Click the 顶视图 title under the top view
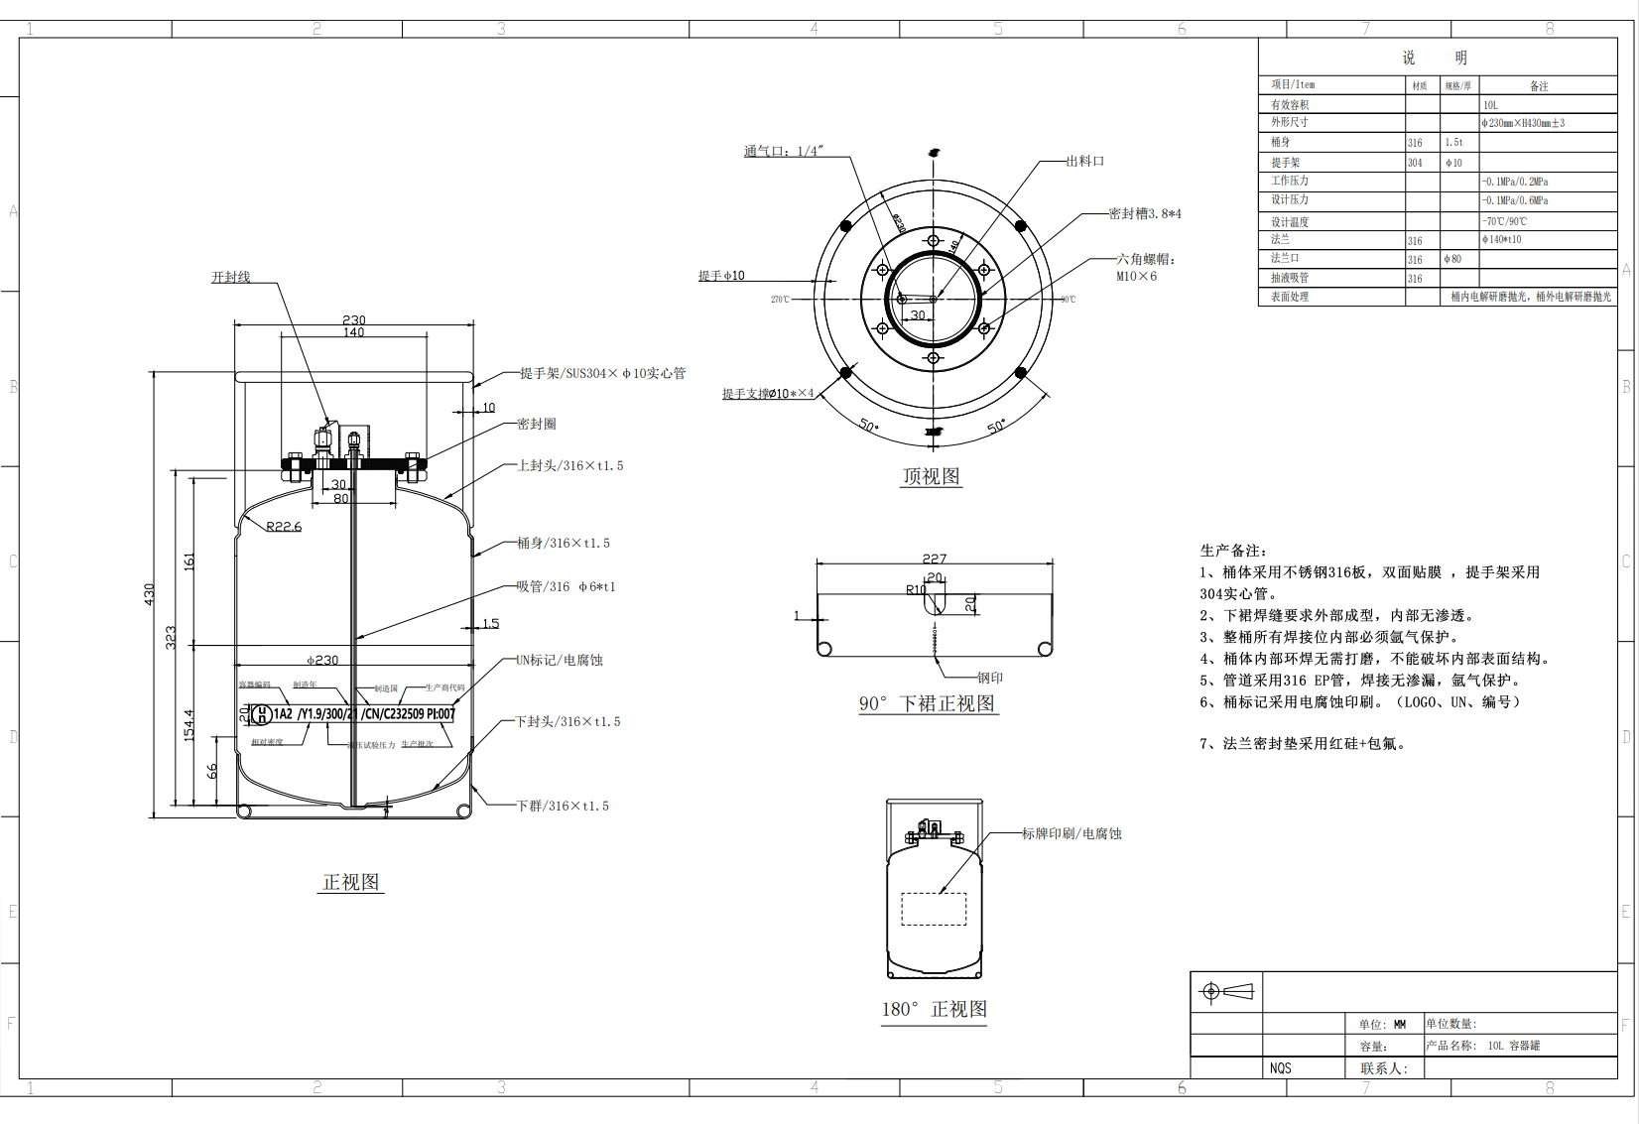pyautogui.click(x=931, y=476)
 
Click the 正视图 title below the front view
pyautogui.click(x=350, y=882)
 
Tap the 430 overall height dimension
pyautogui.click(x=150, y=594)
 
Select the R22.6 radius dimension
pyautogui.click(x=284, y=527)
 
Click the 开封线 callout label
pyautogui.click(x=230, y=277)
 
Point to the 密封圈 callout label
pyautogui.click(x=537, y=424)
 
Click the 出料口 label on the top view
pyautogui.click(x=1085, y=161)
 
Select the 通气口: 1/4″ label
pyautogui.click(x=784, y=151)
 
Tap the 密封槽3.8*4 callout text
pyautogui.click(x=1145, y=213)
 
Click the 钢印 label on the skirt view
pyautogui.click(x=990, y=678)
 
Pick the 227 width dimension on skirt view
pyautogui.click(x=934, y=559)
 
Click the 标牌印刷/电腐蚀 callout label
pyautogui.click(x=1072, y=833)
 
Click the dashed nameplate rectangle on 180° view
pyautogui.click(x=934, y=909)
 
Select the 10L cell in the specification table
pyautogui.click(x=1490, y=105)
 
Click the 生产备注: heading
pyautogui.click(x=1233, y=550)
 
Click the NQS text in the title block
pyautogui.click(x=1280, y=1068)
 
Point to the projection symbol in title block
pyautogui.click(x=1227, y=991)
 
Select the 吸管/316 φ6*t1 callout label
pyautogui.click(x=566, y=586)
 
